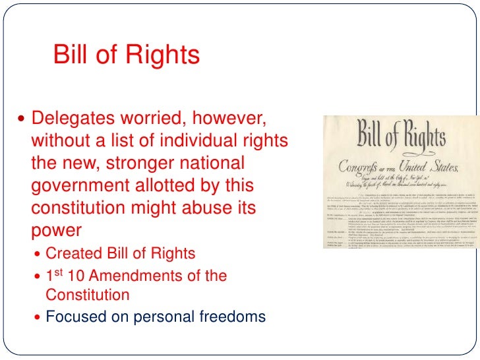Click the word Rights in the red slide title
tap(164, 55)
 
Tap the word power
tap(56, 229)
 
